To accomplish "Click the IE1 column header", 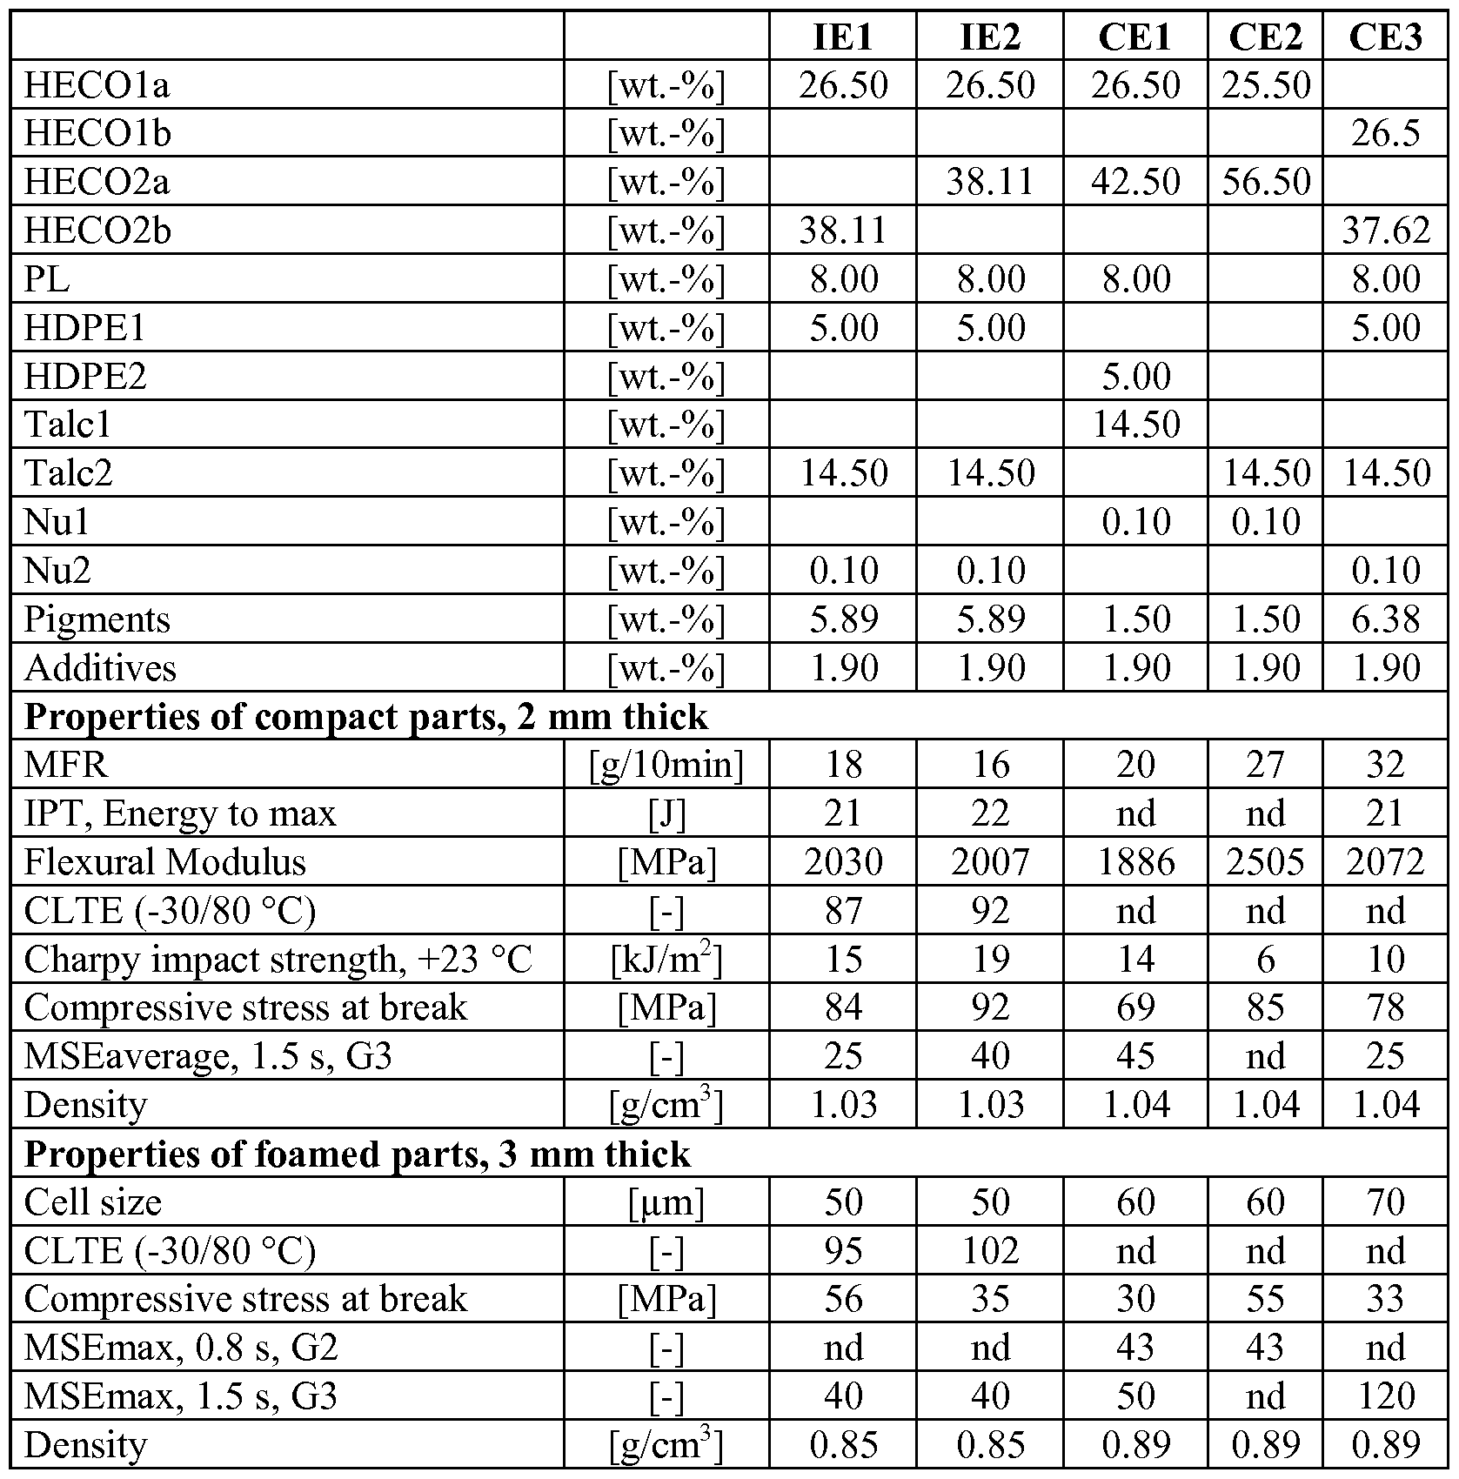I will (x=843, y=37).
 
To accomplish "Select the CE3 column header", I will (x=1385, y=37).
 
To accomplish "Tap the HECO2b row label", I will (x=97, y=231).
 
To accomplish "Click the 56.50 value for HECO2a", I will (x=1265, y=182).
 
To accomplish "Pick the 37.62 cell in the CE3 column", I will (x=1385, y=231).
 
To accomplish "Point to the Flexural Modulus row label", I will (x=164, y=862).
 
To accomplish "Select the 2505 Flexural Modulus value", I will (x=1265, y=862).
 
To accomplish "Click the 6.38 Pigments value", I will (x=1385, y=619).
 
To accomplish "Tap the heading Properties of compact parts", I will (x=365, y=717).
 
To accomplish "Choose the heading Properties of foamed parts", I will (x=357, y=1154).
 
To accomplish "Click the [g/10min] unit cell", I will (x=666, y=765).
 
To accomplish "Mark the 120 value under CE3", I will (x=1385, y=1396).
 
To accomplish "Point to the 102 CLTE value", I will (x=990, y=1251).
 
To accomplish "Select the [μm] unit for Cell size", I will (x=666, y=1202).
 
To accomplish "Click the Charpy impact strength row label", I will (x=278, y=960).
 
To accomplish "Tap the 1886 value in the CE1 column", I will (x=1135, y=862).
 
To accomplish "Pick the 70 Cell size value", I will (x=1385, y=1202).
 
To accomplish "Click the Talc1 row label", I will (x=68, y=425).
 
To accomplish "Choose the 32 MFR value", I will (x=1385, y=765).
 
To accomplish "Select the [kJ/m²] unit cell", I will (x=666, y=960).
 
